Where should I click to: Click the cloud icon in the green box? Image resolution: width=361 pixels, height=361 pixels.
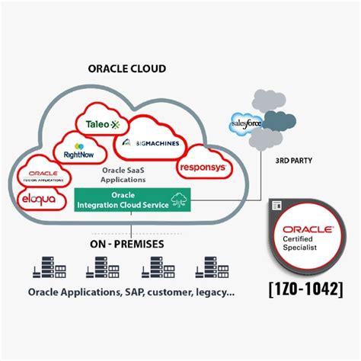point(180,198)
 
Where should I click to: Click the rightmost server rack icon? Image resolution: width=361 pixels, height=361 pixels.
point(208,269)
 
